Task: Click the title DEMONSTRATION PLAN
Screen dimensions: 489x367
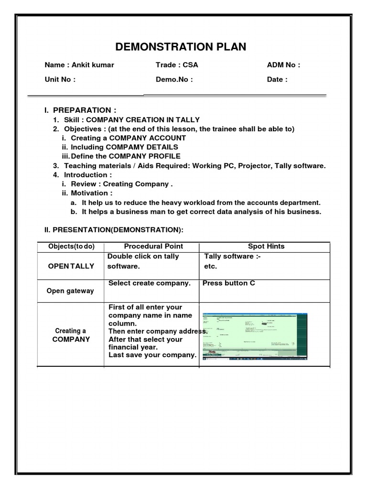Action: [181, 46]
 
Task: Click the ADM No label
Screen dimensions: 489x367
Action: [283, 65]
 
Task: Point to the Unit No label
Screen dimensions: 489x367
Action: [60, 79]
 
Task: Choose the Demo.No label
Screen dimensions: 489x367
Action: [174, 79]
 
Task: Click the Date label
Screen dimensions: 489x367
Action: [277, 79]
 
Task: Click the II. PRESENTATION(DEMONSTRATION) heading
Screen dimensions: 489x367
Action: [114, 230]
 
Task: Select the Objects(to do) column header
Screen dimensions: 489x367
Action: [72, 246]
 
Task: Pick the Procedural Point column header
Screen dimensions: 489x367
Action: [153, 246]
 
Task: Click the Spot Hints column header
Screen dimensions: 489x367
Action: [266, 246]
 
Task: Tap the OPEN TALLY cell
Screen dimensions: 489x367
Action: [71, 266]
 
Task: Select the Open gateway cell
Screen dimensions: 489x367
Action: [70, 291]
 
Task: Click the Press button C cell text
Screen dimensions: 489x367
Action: [229, 283]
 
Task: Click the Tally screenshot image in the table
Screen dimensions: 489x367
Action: [255, 336]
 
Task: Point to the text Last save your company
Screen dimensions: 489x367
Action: [152, 355]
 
